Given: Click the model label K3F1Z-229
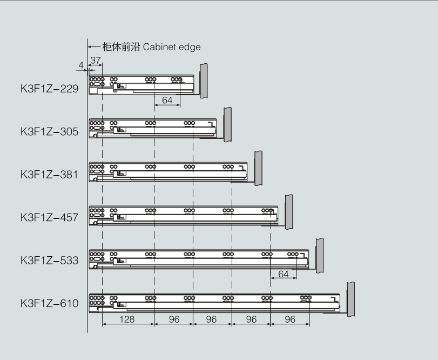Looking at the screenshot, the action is (50, 89).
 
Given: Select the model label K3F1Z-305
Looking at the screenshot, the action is (50, 132).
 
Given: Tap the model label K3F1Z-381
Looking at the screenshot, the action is (50, 175).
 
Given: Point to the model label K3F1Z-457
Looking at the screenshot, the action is (50, 217).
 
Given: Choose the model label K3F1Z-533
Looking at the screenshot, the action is (50, 261).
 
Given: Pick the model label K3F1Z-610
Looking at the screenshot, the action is (50, 303).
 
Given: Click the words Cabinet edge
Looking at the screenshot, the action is (172, 47).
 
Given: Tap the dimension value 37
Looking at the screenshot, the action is (96, 60).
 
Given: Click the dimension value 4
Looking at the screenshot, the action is (81, 65).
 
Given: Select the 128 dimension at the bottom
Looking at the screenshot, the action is (127, 319).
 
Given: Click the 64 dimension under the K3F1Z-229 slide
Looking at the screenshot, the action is (167, 100).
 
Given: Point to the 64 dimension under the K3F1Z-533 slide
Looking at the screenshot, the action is (283, 274).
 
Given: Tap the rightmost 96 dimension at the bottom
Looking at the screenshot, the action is (290, 319).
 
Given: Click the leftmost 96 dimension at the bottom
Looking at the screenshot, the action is (174, 319).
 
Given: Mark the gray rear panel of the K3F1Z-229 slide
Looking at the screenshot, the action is (204, 81).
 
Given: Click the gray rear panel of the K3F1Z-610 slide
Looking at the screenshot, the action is (351, 299).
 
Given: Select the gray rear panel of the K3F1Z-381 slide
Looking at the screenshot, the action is (258, 168).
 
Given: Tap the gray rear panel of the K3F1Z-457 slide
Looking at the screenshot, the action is (289, 212).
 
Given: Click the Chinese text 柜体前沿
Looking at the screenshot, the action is (121, 47).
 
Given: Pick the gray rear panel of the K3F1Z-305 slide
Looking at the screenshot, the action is (228, 125).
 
